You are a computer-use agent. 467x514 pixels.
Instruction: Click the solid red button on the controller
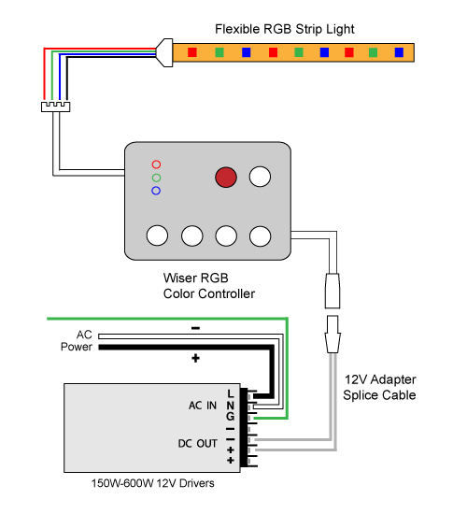pos(226,177)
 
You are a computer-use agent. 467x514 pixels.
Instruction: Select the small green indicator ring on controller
pos(156,178)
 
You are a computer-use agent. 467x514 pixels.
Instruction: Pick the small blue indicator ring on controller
pos(156,191)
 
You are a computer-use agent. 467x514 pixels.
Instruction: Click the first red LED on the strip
pos(192,52)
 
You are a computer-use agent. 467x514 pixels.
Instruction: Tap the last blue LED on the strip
pos(399,52)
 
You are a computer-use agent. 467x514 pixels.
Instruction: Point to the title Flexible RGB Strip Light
pos(285,29)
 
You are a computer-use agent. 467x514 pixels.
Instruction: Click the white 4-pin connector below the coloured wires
pos(55,107)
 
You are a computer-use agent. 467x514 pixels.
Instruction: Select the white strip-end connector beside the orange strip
pos(163,52)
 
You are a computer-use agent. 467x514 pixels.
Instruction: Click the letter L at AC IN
pos(231,393)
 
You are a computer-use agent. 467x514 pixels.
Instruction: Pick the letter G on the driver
pos(231,416)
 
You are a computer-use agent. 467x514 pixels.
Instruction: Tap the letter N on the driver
pos(231,406)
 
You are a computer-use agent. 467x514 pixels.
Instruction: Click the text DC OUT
pos(198,444)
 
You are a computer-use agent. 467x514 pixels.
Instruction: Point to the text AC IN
pos(203,406)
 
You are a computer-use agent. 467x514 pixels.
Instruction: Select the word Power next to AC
pos(77,347)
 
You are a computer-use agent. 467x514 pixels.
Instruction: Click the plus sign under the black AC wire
pos(195,358)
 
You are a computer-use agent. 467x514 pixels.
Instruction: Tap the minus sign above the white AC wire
pos(195,328)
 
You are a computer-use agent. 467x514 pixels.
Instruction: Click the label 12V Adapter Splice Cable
pos(379,387)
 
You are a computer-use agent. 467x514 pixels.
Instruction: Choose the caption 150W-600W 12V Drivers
pos(153,483)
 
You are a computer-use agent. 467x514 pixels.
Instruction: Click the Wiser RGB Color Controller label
pos(209,286)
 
